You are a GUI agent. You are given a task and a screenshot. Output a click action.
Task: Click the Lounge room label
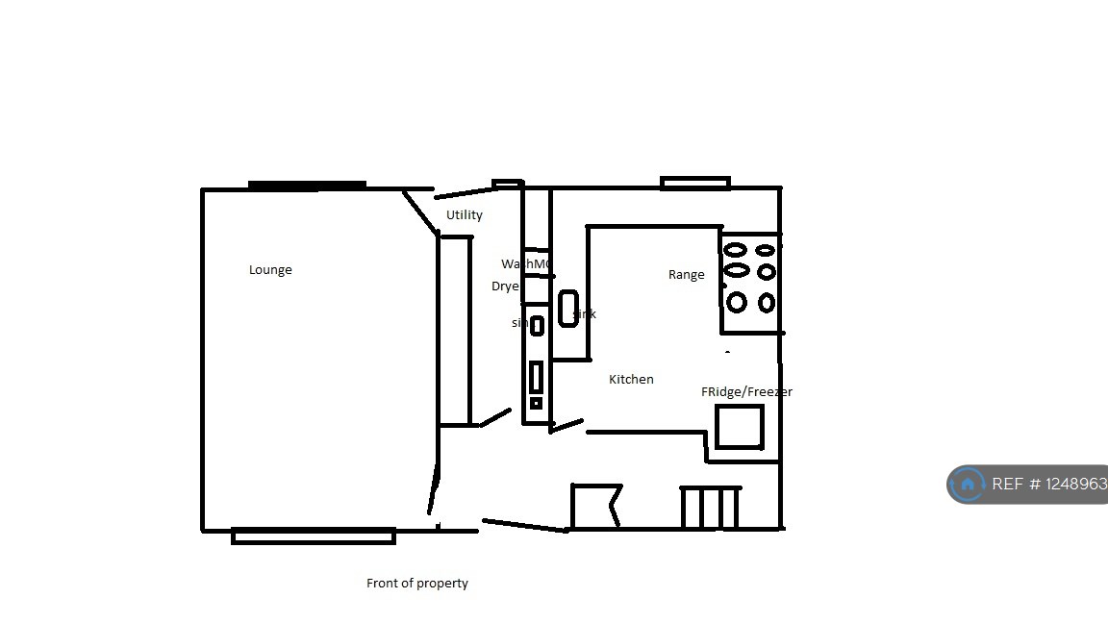pos(270,270)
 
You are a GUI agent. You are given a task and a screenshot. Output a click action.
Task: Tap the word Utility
pos(465,215)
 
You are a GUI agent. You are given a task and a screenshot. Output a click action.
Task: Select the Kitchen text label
pos(631,380)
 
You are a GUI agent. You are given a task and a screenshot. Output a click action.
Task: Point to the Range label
pos(686,275)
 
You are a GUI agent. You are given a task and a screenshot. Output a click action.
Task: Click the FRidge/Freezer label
pos(746,392)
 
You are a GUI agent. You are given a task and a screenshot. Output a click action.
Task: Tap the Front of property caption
pos(417,583)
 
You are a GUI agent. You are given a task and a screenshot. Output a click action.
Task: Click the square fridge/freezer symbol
pos(740,427)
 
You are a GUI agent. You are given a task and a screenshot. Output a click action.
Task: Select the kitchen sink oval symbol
pos(568,309)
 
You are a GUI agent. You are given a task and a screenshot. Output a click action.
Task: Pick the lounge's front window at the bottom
pos(314,536)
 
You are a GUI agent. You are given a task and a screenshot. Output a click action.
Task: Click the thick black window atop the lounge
pos(307,186)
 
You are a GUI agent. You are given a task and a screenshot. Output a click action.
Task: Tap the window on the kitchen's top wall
pos(695,183)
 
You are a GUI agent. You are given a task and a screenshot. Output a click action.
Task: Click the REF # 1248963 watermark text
pos(1049,485)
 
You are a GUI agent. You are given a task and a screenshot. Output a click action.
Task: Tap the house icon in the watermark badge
pos(968,485)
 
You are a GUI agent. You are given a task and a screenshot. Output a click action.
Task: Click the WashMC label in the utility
pos(525,264)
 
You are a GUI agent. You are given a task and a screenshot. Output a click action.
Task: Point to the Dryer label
pos(506,287)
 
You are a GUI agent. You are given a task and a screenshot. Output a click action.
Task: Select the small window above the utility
pos(507,184)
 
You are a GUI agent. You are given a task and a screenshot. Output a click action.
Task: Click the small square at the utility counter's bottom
pos(536,404)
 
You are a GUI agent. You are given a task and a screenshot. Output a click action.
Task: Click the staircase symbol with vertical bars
pos(710,508)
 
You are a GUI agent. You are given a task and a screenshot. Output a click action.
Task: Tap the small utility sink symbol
pos(537,326)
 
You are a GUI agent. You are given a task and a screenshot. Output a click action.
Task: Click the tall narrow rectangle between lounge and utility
pos(455,330)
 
